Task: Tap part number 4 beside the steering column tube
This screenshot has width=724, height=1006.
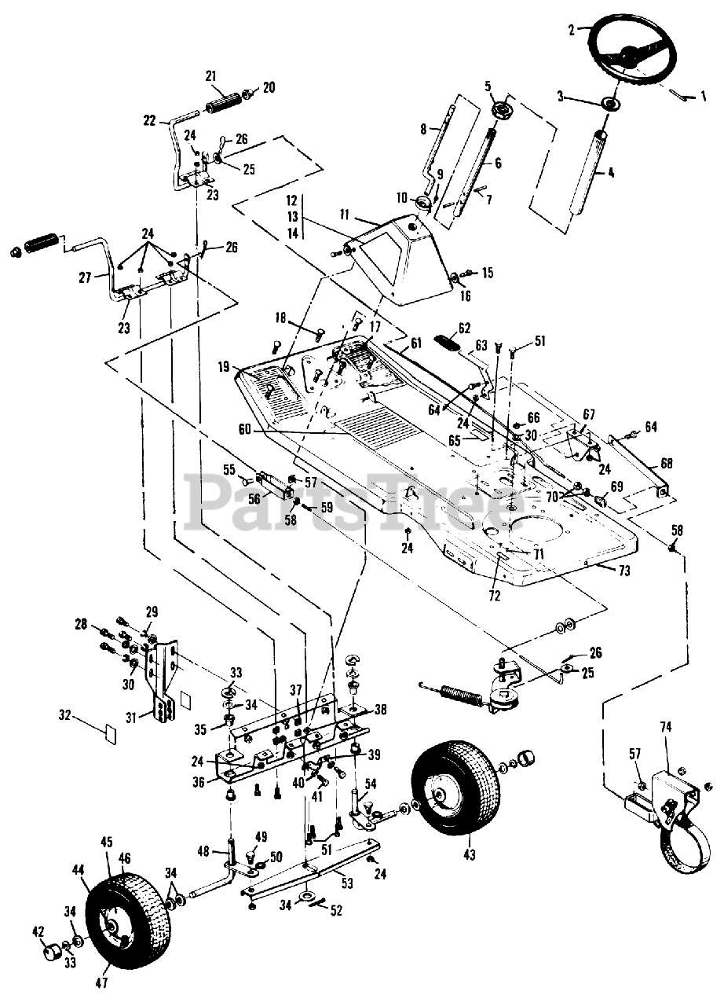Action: [611, 171]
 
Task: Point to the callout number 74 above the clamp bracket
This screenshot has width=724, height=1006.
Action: [667, 727]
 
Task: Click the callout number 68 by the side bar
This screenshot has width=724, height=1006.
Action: [667, 463]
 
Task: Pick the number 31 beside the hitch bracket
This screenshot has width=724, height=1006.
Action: [131, 718]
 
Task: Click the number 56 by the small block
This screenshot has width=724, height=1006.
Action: [254, 499]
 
